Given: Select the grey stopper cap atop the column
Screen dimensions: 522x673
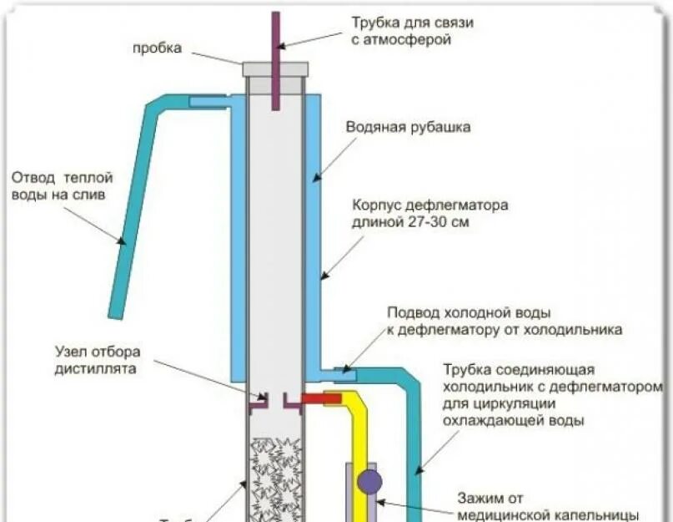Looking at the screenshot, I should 275,69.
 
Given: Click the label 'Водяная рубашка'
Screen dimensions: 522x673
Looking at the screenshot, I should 409,128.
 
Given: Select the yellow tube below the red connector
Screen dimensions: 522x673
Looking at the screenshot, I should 360,451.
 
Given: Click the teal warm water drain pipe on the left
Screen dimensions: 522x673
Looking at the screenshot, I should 133,209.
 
